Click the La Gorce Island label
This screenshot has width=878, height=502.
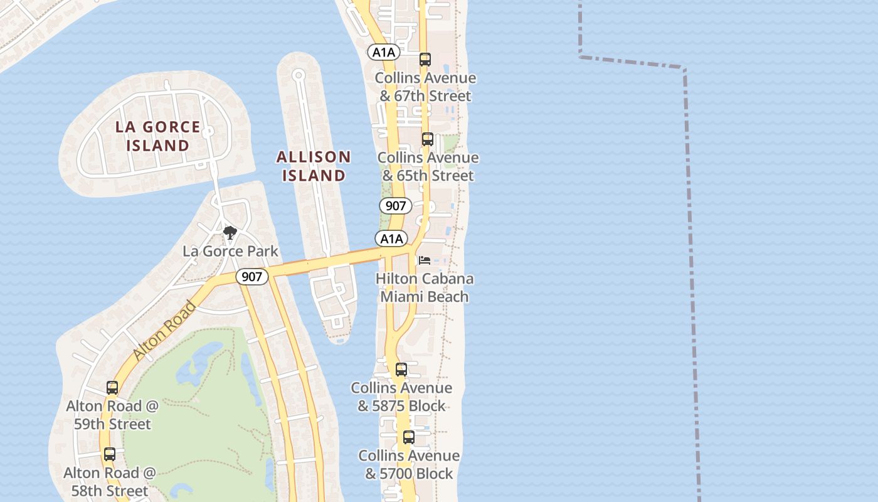coord(157,136)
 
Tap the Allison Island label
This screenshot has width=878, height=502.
coord(314,166)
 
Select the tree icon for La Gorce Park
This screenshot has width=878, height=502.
coord(230,233)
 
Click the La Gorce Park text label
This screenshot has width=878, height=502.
coord(230,251)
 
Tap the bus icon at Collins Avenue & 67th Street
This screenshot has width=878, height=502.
coord(425,60)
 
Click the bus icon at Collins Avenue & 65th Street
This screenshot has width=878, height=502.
coord(428,139)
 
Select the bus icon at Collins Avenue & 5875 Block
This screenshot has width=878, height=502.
coord(401,370)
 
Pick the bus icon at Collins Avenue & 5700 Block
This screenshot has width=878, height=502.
coord(409,437)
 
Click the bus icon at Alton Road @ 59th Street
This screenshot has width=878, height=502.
coord(112,388)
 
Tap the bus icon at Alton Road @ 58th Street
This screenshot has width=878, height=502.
coord(110,454)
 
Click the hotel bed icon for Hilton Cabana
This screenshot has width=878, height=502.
coord(425,260)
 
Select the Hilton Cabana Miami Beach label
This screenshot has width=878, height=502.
coord(425,287)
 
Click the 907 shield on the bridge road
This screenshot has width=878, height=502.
coord(252,277)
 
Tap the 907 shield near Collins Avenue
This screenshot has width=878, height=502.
coord(395,205)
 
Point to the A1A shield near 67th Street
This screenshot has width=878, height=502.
coord(384,52)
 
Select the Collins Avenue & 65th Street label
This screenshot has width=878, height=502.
coord(428,166)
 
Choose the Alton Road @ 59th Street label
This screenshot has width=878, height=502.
coord(112,415)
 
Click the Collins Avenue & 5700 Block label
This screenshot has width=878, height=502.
coord(409,464)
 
